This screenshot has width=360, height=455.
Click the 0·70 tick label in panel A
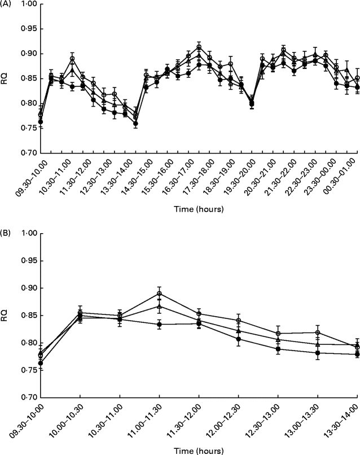(26, 153)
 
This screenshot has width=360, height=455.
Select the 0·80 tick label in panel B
(26, 343)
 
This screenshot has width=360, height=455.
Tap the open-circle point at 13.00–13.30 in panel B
(318, 333)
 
